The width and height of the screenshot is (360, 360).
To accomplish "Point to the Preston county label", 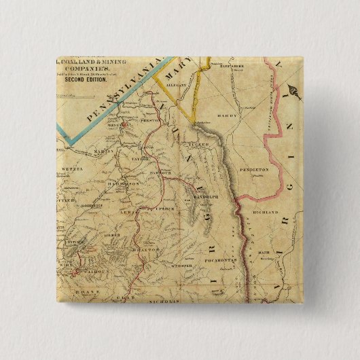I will pyautogui.click(x=149, y=120).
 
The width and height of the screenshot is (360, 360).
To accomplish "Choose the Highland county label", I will pyautogui.click(x=266, y=213).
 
